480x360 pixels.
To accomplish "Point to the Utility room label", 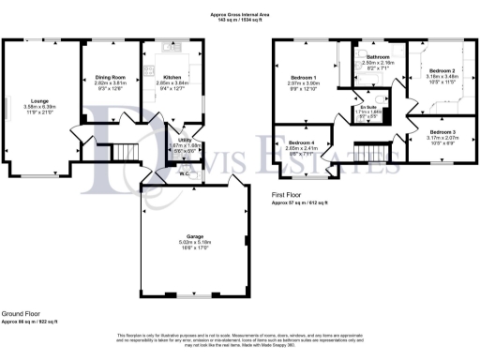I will [x=184, y=140].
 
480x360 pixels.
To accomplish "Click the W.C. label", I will [x=185, y=173].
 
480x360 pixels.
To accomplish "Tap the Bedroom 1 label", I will [x=303, y=77].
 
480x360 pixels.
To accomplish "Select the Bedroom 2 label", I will [x=442, y=71].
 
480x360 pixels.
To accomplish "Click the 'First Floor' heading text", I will [x=290, y=194].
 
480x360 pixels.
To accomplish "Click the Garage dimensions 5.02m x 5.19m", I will [x=194, y=242].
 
